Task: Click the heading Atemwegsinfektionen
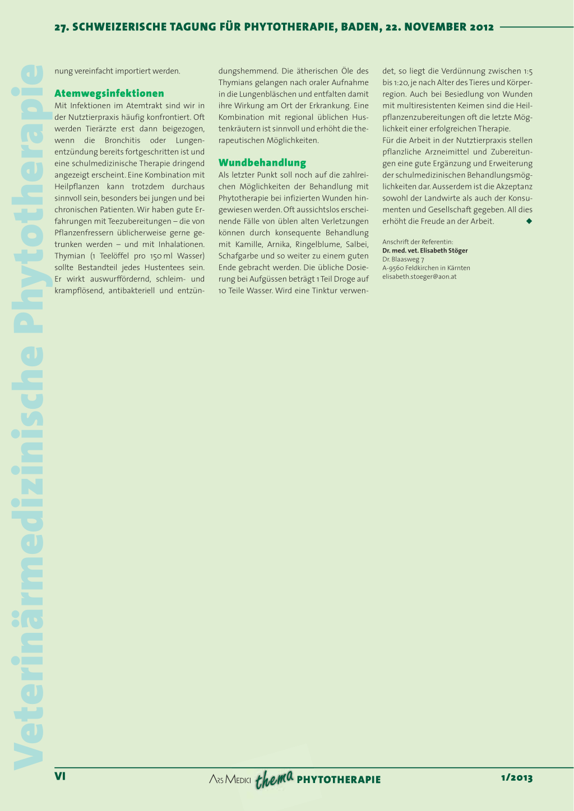[109, 94]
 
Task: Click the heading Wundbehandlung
[262, 163]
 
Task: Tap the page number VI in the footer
[60, 776]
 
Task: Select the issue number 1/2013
[516, 777]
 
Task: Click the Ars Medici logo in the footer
[230, 779]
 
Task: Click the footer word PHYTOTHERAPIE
[339, 780]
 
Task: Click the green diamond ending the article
[529, 221]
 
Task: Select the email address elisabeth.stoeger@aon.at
[419, 277]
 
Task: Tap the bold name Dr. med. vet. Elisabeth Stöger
[425, 251]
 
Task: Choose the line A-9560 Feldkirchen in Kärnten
[426, 268]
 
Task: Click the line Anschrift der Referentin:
[418, 242]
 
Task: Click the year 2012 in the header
[482, 27]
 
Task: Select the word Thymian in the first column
[70, 256]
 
